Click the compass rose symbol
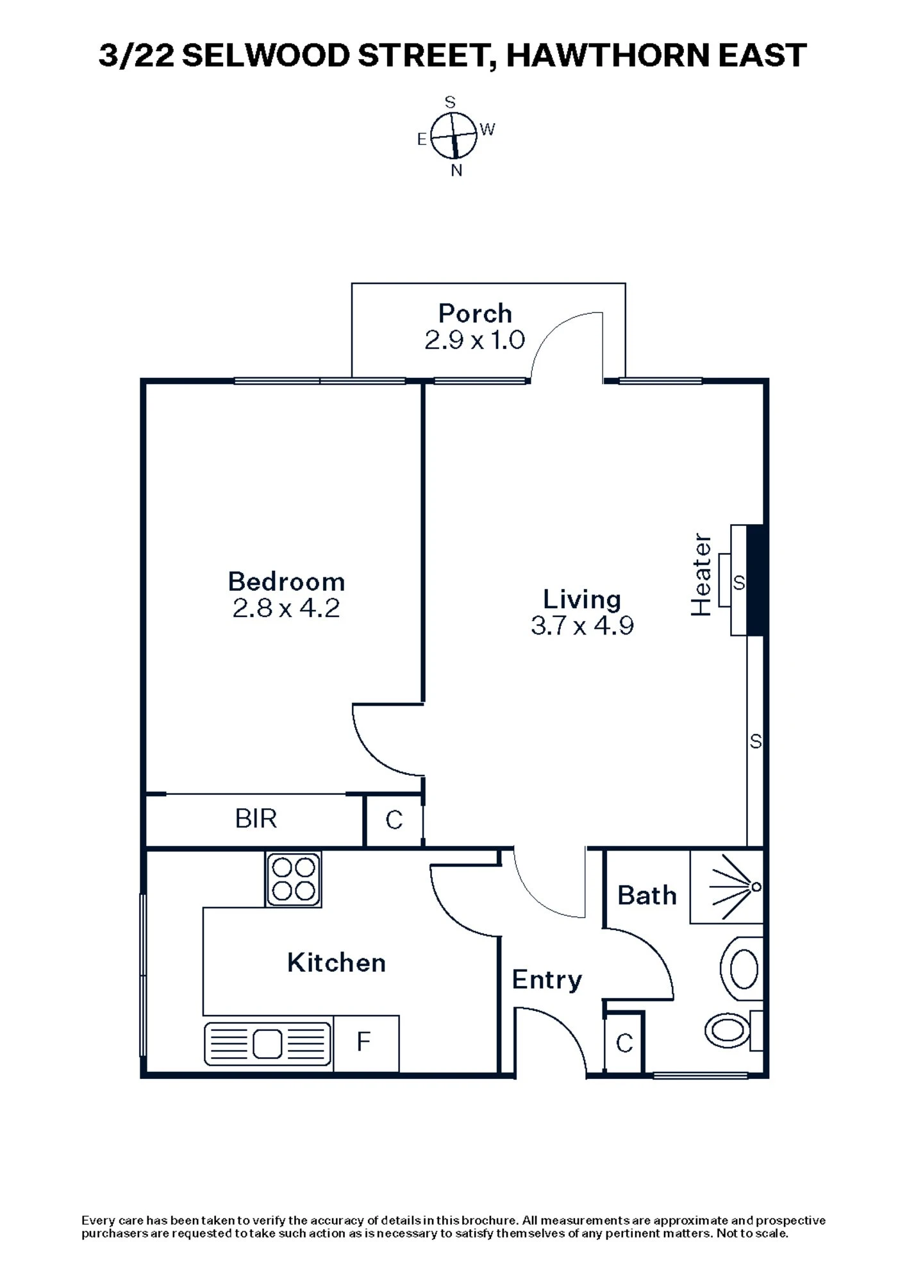(453, 135)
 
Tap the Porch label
(475, 314)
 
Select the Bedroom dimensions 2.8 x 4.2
(286, 608)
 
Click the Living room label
(582, 599)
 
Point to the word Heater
(701, 575)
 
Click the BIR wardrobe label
(256, 819)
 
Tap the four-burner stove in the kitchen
(294, 879)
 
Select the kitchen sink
(268, 1044)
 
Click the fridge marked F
(363, 1042)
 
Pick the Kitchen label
(337, 963)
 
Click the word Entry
(547, 980)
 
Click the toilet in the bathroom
(729, 1030)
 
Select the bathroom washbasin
(743, 969)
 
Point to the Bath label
(647, 896)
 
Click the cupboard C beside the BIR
(394, 820)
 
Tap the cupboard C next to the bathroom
(624, 1043)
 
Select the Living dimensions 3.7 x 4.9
(582, 625)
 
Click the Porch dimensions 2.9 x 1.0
(475, 340)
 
